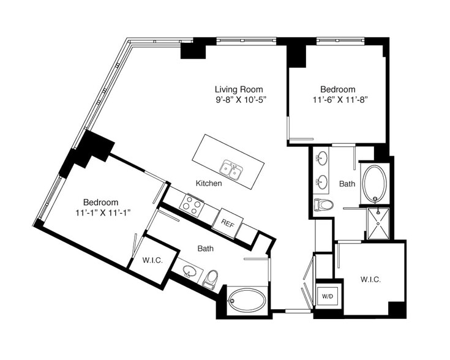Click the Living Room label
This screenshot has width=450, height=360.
pos(239,89)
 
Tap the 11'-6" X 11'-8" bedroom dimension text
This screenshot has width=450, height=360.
pos(340,100)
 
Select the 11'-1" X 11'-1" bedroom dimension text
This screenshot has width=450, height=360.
pos(103,213)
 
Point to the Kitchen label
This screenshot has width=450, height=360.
pos(209,183)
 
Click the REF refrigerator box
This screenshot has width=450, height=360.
pos(228,223)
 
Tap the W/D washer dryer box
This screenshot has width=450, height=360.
pos(328,296)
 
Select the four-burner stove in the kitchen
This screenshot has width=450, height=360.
pos(192,204)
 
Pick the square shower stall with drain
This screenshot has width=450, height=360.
pos(378,223)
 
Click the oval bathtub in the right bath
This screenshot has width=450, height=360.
pos(375,184)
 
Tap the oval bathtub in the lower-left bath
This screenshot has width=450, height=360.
pos(247,300)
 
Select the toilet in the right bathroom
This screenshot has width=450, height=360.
pos(323,205)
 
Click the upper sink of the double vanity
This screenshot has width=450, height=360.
pos(322,158)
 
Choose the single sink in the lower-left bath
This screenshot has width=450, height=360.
pos(189,271)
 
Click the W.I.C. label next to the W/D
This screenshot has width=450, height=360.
pos(370,279)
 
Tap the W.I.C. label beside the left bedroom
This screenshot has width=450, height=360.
pos(152,261)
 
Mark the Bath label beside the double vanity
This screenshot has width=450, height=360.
pos(347,184)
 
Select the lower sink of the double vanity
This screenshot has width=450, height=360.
pos(322,182)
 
